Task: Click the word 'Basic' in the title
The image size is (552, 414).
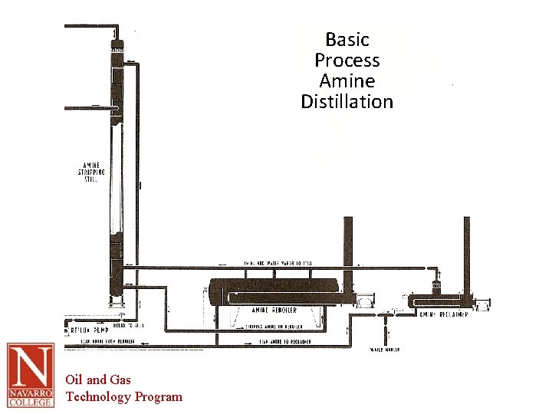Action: click(347, 39)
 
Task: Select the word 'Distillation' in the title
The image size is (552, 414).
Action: click(347, 102)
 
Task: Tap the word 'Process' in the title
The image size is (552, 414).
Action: click(347, 60)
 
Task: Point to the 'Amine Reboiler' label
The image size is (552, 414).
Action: click(274, 310)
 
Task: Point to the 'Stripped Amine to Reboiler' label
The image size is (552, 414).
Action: click(272, 326)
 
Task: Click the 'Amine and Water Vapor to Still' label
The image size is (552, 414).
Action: click(278, 263)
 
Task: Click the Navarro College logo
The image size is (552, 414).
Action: click(31, 375)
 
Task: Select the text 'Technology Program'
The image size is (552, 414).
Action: click(124, 396)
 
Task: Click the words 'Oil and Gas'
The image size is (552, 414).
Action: click(98, 379)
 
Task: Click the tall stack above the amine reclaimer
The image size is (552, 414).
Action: click(466, 253)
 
